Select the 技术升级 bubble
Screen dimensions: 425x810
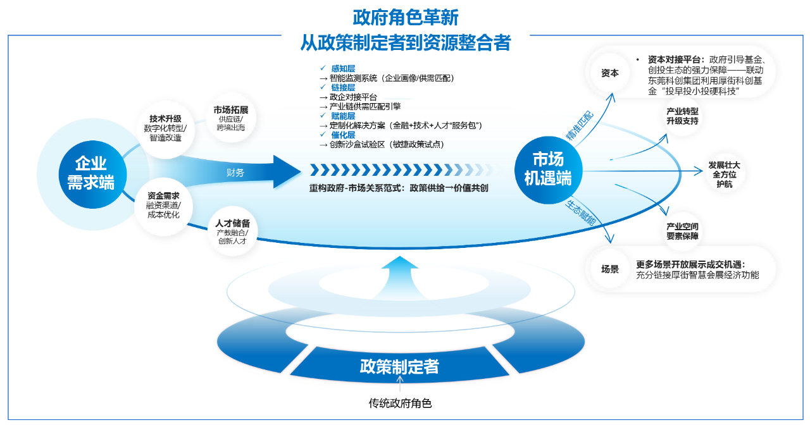tap(165, 128)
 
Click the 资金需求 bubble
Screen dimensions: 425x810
tap(163, 205)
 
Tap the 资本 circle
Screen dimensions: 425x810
tap(610, 73)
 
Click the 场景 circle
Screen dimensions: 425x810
tap(610, 269)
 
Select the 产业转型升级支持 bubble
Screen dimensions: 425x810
tap(682, 116)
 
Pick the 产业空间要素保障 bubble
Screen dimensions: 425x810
tap(682, 231)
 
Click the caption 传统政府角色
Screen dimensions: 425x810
tap(400, 403)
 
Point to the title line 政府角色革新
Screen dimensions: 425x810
tap(406, 17)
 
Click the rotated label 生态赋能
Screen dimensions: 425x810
tap(580, 213)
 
